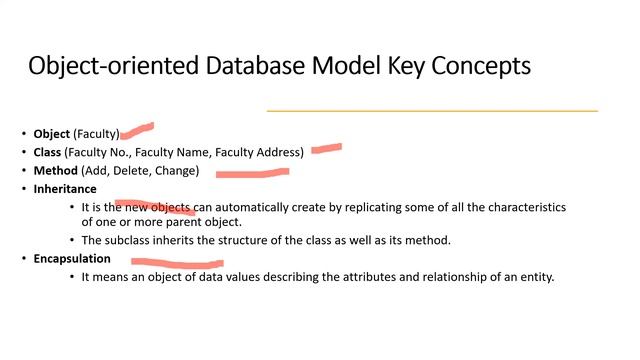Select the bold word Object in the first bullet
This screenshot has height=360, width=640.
coord(52,134)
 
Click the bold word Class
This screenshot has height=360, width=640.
coord(47,152)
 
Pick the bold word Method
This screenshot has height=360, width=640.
coord(54,171)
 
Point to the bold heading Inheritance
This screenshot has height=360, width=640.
coord(65,189)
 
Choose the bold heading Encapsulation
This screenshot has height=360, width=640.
coord(72,258)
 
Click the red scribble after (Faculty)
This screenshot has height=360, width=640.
coord(137,129)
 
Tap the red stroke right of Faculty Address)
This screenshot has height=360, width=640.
coord(326,149)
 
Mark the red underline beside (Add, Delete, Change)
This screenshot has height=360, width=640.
coord(252,172)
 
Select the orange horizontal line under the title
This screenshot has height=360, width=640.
coord(432,110)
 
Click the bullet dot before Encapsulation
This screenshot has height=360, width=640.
coord(24,259)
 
